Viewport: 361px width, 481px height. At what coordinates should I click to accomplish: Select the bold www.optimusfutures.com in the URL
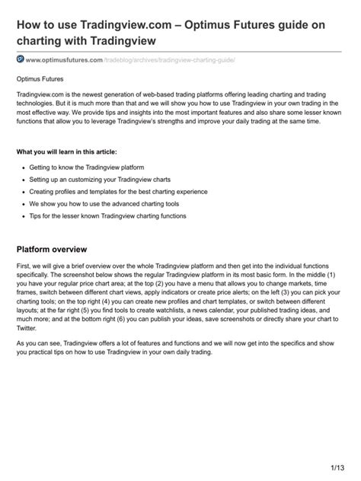(x=64, y=59)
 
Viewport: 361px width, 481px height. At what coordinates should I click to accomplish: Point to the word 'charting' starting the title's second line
(x=44, y=42)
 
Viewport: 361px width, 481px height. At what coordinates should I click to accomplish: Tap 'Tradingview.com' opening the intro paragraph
(x=42, y=92)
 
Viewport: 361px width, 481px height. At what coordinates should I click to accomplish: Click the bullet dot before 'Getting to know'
(x=24, y=167)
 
